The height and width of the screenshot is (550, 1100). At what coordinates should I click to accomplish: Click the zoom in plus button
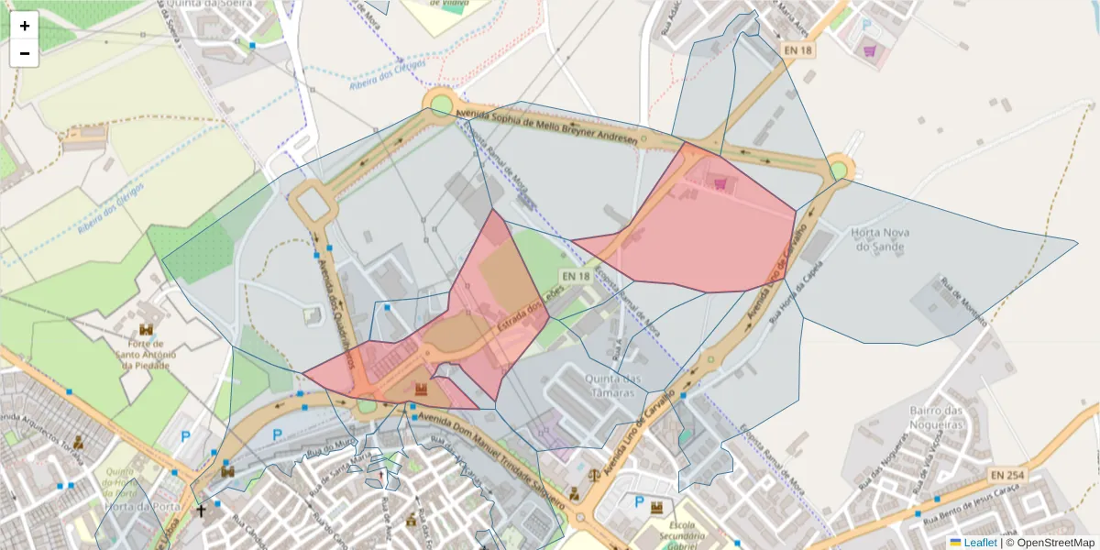pyautogui.click(x=25, y=26)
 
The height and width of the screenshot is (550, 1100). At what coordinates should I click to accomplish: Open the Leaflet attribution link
pyautogui.click(x=980, y=543)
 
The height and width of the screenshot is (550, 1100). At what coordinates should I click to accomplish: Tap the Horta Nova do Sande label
pyautogui.click(x=880, y=239)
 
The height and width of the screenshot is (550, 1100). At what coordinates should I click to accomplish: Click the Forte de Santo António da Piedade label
pyautogui.click(x=147, y=358)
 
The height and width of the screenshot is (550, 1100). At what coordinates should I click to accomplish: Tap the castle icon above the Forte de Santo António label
pyautogui.click(x=147, y=329)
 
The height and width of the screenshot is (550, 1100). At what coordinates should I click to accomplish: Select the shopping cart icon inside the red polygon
pyautogui.click(x=720, y=185)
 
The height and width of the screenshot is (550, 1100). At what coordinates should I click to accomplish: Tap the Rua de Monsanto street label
pyautogui.click(x=961, y=302)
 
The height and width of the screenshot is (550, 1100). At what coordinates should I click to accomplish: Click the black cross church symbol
pyautogui.click(x=201, y=510)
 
